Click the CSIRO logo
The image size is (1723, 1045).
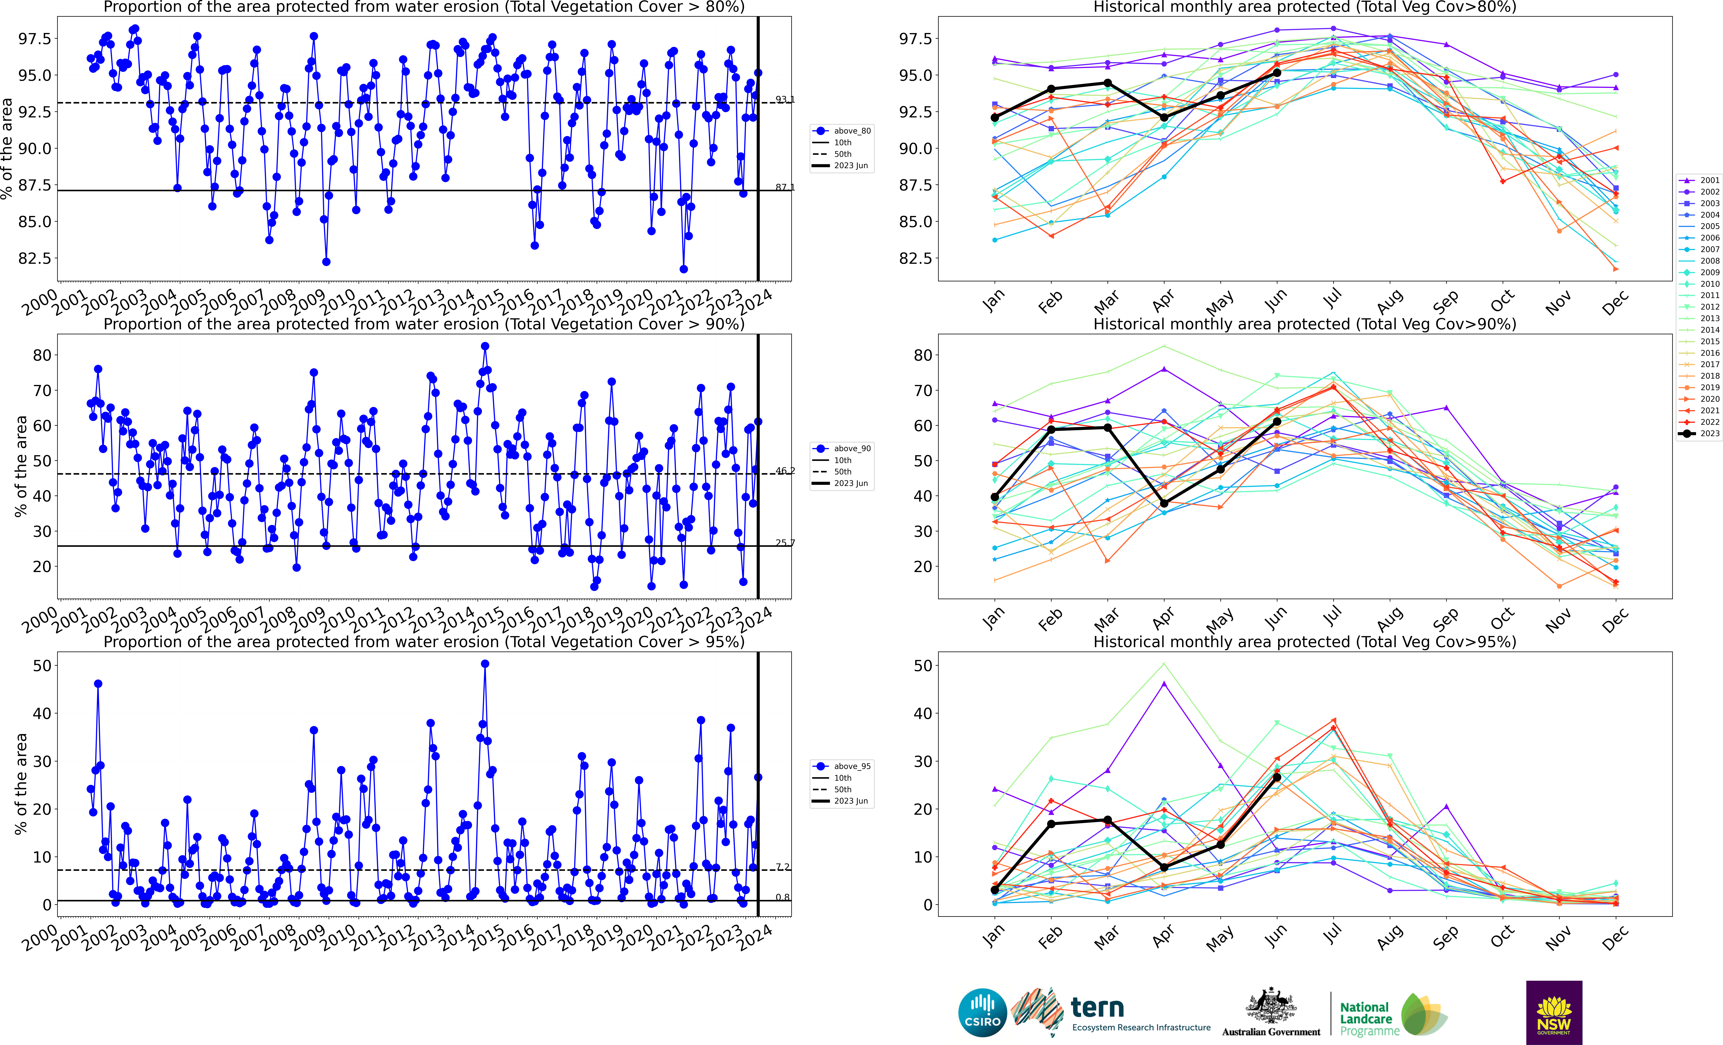982,1013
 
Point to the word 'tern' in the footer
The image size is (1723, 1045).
1097,1007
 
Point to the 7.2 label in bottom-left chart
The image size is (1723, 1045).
782,867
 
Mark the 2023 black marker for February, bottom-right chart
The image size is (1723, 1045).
1051,824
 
